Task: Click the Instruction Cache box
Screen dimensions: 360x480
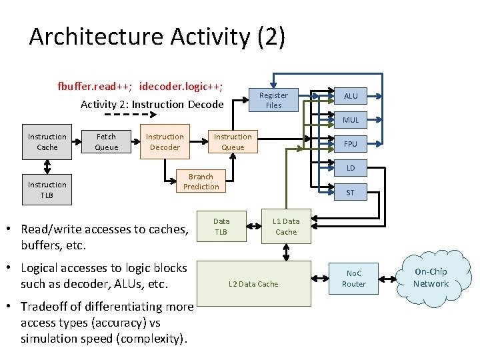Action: [47, 142]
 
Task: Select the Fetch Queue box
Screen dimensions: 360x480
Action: [106, 142]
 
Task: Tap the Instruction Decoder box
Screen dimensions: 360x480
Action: [165, 142]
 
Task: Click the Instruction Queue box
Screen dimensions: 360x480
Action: [233, 142]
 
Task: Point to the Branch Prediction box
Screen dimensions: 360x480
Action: [201, 182]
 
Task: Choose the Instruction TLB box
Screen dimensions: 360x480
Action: [47, 190]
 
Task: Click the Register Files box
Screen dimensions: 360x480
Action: [273, 101]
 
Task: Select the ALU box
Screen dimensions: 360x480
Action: [351, 96]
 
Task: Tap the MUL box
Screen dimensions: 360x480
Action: [351, 120]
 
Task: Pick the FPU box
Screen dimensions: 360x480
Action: [351, 144]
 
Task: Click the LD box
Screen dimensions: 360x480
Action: [351, 168]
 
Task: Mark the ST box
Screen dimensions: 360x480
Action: [351, 193]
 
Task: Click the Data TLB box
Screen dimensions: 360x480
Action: [221, 227]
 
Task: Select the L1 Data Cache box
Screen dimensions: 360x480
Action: [286, 227]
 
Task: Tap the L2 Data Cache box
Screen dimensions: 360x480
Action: [253, 284]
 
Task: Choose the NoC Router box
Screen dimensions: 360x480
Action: [353, 279]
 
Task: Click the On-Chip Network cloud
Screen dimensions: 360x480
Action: [431, 278]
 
